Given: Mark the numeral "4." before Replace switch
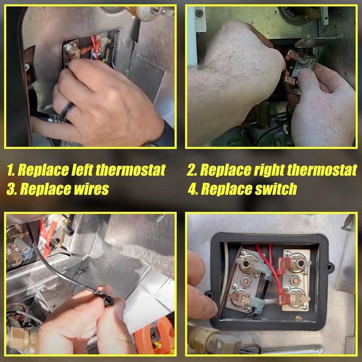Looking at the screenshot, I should click(193, 189).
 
